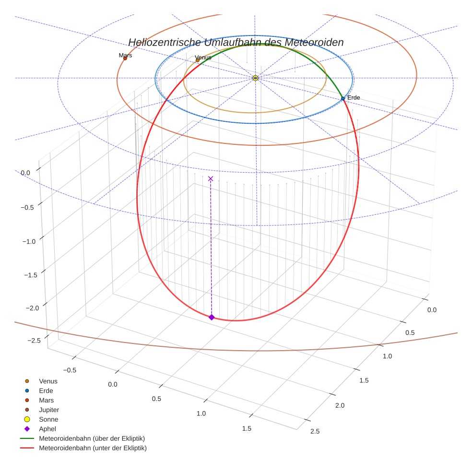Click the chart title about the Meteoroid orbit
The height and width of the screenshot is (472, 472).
click(x=236, y=42)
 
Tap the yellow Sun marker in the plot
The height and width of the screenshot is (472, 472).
click(x=255, y=78)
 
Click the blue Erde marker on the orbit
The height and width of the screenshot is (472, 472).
click(x=342, y=98)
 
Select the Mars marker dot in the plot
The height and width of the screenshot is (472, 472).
click(x=125, y=59)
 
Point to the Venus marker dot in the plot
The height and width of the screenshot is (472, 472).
click(x=198, y=60)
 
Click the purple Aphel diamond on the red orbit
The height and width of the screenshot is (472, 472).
click(x=212, y=317)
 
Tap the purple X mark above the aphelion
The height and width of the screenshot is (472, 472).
click(x=211, y=178)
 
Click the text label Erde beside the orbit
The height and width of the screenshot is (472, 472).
click(x=354, y=98)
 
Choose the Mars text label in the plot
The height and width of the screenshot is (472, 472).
click(x=125, y=55)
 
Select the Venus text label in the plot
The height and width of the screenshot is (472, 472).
click(x=203, y=58)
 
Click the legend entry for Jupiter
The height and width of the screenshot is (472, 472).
click(x=49, y=410)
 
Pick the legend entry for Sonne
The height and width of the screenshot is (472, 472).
click(x=48, y=419)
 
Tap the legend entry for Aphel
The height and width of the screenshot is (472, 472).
click(x=47, y=429)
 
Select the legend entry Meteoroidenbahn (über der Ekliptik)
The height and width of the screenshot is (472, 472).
click(x=92, y=438)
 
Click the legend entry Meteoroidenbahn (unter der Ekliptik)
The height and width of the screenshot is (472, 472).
click(x=93, y=448)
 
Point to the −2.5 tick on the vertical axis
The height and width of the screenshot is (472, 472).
click(x=35, y=340)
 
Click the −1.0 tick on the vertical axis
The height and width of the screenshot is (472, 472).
click(x=29, y=241)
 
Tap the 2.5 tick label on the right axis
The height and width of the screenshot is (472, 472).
click(x=315, y=431)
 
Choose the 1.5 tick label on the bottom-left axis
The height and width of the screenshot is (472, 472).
click(x=247, y=428)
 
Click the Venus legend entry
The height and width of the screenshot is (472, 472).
click(x=48, y=381)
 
